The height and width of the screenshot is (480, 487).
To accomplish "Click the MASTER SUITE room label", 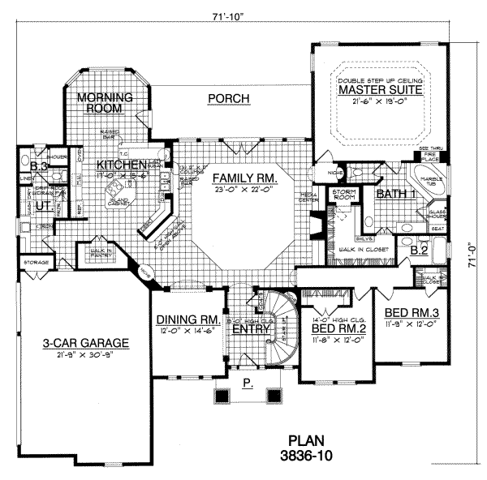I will point(380,91).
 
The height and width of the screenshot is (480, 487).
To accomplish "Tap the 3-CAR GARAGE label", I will point(78,344).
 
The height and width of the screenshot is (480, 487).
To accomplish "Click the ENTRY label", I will point(247,329).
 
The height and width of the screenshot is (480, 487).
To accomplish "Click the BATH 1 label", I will point(393,195).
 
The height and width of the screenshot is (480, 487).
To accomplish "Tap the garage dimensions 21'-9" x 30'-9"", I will point(78,356).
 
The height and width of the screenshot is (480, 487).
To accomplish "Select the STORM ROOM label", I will point(346,195).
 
